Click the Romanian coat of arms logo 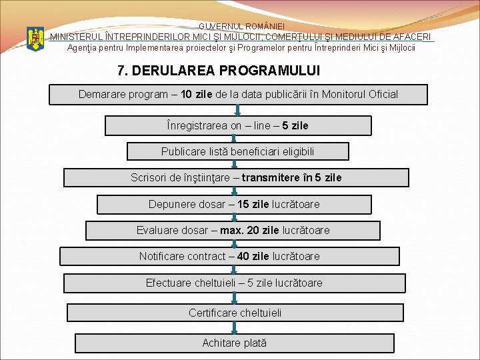[35, 39]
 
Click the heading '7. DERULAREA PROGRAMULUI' [218, 70]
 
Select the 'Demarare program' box [238, 95]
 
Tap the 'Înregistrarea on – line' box [238, 125]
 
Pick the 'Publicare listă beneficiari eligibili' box [237, 151]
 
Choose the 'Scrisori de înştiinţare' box [236, 177]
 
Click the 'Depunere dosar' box [234, 204]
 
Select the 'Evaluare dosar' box [233, 230]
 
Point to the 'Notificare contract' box [229, 256]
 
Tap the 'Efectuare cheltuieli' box [234, 283]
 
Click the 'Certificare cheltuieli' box [235, 313]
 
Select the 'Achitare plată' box [235, 343]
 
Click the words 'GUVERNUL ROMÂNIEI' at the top [240, 25]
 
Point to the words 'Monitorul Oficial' [359, 95]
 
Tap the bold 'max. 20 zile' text [249, 230]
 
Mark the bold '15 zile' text [253, 204]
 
